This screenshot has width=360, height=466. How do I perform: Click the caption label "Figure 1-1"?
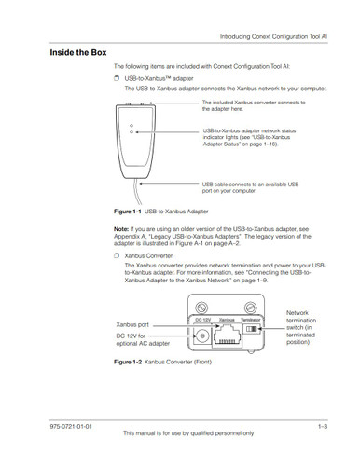(130, 212)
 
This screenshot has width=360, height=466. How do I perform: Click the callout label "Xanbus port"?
(134, 323)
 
